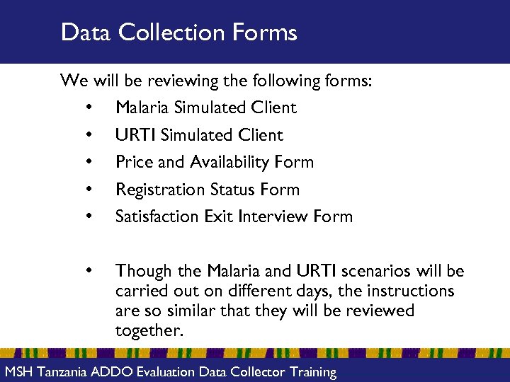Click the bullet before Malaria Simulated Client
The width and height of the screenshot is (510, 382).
tap(89, 108)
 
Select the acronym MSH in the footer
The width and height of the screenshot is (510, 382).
tap(18, 372)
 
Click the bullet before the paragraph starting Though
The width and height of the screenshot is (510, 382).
tap(89, 271)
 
